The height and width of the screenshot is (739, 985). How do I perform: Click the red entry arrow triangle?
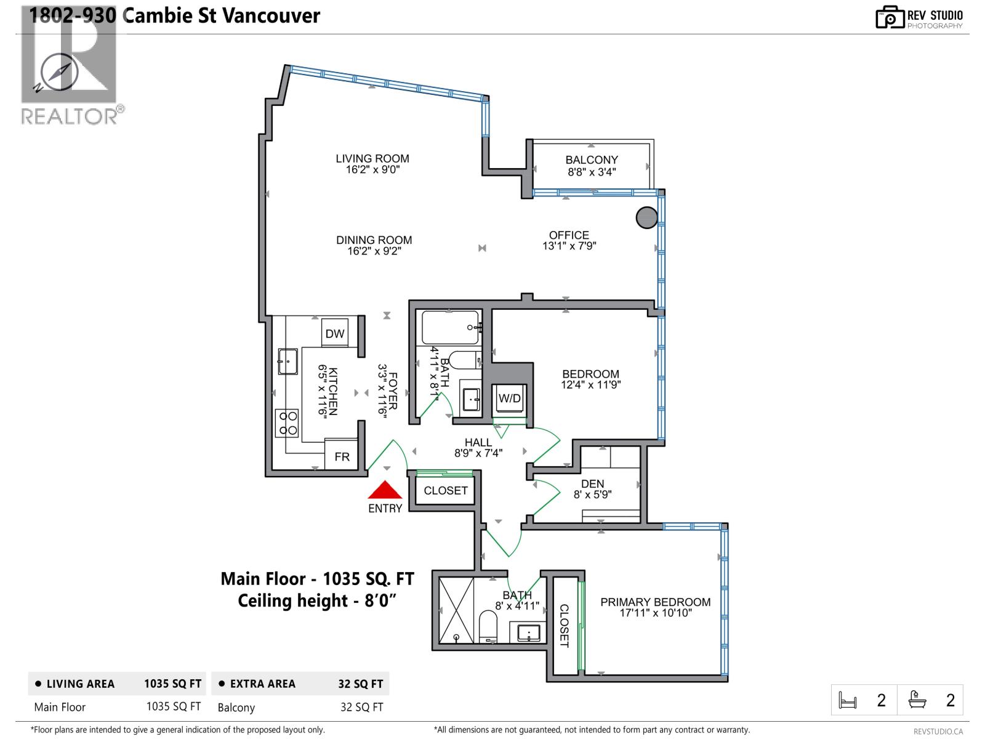[x=385, y=491]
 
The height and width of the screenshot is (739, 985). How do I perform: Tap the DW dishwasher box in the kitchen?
[x=335, y=333]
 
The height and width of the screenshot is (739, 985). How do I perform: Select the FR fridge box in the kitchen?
[x=342, y=456]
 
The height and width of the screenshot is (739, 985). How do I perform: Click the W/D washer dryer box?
[x=510, y=398]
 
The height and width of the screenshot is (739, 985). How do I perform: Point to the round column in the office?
[x=646, y=217]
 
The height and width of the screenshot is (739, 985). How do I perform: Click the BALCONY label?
[x=592, y=160]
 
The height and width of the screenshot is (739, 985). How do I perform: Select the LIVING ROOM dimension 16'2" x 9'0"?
[x=372, y=170]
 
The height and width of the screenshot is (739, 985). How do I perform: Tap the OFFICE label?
[x=569, y=235]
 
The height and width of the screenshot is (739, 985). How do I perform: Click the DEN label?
[x=592, y=483]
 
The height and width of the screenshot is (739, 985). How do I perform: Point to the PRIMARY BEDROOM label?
[x=655, y=602]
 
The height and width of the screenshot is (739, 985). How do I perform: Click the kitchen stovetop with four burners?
[x=287, y=423]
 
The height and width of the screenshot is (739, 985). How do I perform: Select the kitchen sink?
[x=287, y=361]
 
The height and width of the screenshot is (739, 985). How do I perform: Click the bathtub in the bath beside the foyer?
[x=450, y=327]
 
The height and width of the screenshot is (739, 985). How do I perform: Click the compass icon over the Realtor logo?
[x=59, y=72]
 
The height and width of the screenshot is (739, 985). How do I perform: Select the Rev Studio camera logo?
[x=890, y=17]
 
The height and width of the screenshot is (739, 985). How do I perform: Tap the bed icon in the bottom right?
[x=848, y=700]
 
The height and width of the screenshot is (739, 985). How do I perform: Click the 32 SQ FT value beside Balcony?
[x=361, y=707]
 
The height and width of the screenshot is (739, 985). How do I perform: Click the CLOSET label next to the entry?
[x=446, y=490]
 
